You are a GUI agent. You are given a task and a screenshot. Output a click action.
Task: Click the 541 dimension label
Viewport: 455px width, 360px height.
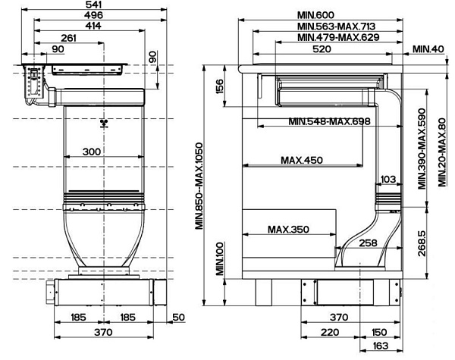point(94,5)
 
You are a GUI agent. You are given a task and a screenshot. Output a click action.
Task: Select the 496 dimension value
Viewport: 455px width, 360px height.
point(94,15)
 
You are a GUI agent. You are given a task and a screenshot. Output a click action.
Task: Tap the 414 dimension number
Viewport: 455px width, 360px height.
point(93,26)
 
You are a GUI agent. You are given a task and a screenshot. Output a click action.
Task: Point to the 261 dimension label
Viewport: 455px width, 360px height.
point(69,39)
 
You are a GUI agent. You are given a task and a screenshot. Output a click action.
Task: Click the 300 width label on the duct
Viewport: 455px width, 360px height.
point(92,152)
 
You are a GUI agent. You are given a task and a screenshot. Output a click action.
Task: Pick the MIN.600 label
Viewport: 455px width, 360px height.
point(315,15)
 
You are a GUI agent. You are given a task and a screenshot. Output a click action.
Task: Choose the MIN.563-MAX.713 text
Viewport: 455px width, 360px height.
point(337,27)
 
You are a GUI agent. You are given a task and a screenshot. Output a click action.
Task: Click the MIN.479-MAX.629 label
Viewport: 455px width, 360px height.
point(339,37)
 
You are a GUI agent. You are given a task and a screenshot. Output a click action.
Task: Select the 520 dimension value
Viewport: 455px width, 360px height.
point(322,49)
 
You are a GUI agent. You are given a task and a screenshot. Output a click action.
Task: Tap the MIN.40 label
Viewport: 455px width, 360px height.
point(428,49)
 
